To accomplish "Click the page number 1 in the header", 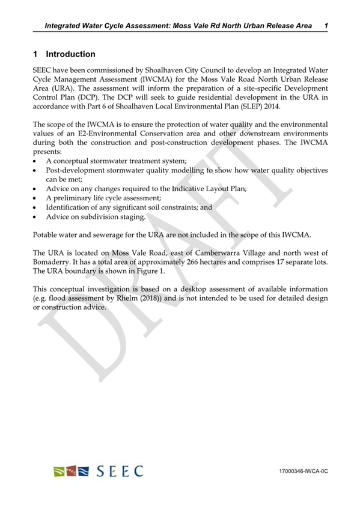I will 325,25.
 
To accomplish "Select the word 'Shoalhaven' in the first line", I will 166,71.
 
